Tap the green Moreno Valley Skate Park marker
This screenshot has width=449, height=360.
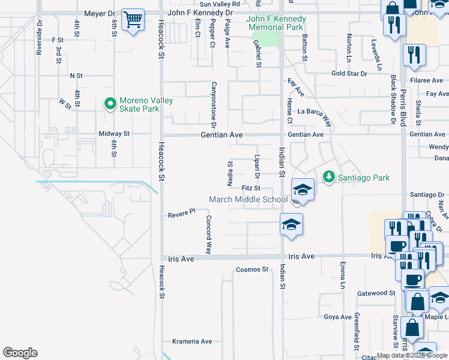tap(110, 104)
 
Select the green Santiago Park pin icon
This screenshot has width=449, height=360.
tap(328, 177)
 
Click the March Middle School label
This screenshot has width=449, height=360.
tap(248, 200)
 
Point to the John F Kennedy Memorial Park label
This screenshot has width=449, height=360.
tap(276, 23)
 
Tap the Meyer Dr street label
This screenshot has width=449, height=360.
tap(99, 13)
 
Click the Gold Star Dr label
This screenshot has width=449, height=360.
tap(349, 74)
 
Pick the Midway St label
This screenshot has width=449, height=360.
tap(114, 134)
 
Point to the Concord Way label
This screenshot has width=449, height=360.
tap(209, 235)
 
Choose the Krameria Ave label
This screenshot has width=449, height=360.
tap(192, 341)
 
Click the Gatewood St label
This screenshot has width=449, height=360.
tap(376, 293)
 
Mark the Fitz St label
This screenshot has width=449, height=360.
tap(250, 188)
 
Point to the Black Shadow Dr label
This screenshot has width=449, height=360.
tap(394, 100)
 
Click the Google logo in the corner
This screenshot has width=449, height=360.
tap(20, 353)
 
